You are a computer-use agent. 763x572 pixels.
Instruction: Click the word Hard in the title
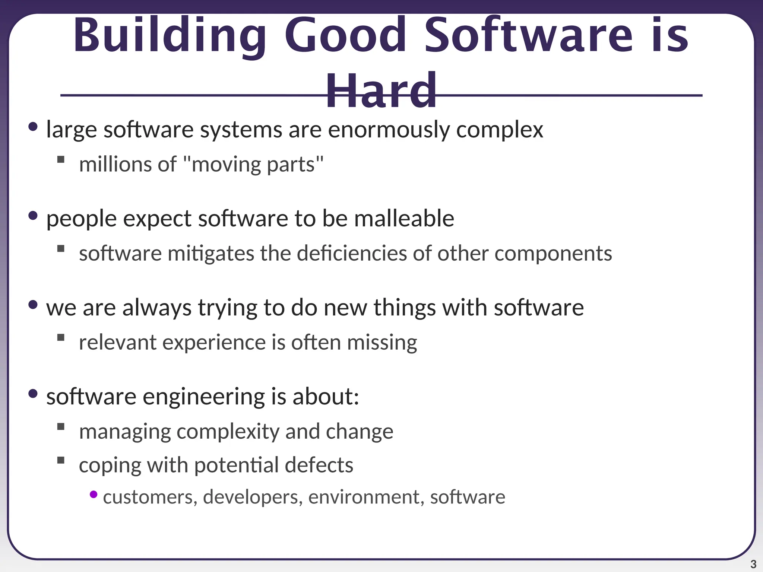click(x=381, y=91)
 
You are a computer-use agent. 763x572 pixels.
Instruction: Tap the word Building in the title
click(x=170, y=36)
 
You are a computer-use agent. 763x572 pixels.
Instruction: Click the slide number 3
click(x=753, y=564)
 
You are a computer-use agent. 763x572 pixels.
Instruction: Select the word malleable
click(x=404, y=219)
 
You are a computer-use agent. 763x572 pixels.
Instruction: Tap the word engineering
click(x=203, y=397)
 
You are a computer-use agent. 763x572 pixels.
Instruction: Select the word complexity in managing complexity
click(x=228, y=432)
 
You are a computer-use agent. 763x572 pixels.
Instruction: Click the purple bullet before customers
click(x=94, y=495)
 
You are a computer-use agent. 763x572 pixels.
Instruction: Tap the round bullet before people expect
click(x=33, y=216)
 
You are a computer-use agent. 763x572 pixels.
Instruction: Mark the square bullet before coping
click(x=61, y=460)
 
